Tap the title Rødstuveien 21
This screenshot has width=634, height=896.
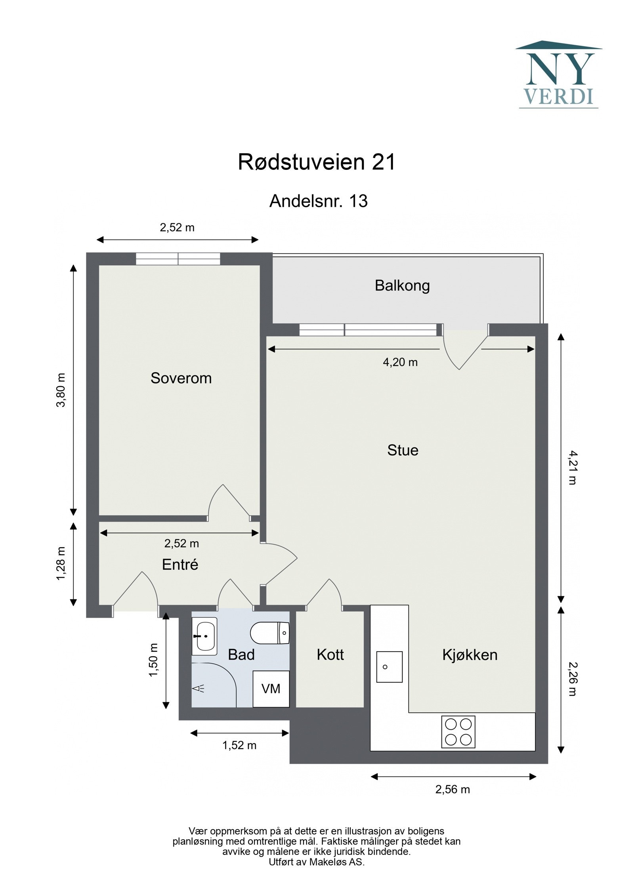[x=317, y=162]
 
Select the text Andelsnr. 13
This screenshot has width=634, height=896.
[x=318, y=201]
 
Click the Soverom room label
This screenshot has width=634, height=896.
[x=181, y=378]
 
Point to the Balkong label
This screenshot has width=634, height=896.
[x=402, y=285]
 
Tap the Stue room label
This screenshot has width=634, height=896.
[x=403, y=450]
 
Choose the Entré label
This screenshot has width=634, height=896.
[x=180, y=565]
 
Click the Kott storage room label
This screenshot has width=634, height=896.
[x=330, y=655]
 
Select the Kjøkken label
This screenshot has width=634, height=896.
[x=470, y=655]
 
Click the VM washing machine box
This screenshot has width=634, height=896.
[x=271, y=689]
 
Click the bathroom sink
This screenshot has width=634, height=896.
[x=205, y=636]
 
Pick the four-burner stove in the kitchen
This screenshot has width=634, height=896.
[x=458, y=732]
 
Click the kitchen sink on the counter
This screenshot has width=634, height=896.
[x=389, y=667]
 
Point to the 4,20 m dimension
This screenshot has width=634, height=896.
[x=400, y=362]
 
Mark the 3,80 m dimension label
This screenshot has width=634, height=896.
[x=61, y=390]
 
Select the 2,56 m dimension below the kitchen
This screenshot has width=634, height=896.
[x=453, y=789]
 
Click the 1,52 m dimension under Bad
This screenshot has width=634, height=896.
[x=239, y=746]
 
